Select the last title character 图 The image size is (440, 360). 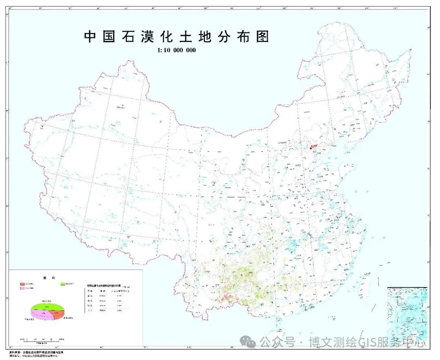pos(263,37)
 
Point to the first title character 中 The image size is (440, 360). pos(90,37)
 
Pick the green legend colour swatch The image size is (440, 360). pos(63,283)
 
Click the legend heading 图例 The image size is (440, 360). pos(45,278)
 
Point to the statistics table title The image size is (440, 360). pos(107,286)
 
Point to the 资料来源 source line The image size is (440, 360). pos(37,352)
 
